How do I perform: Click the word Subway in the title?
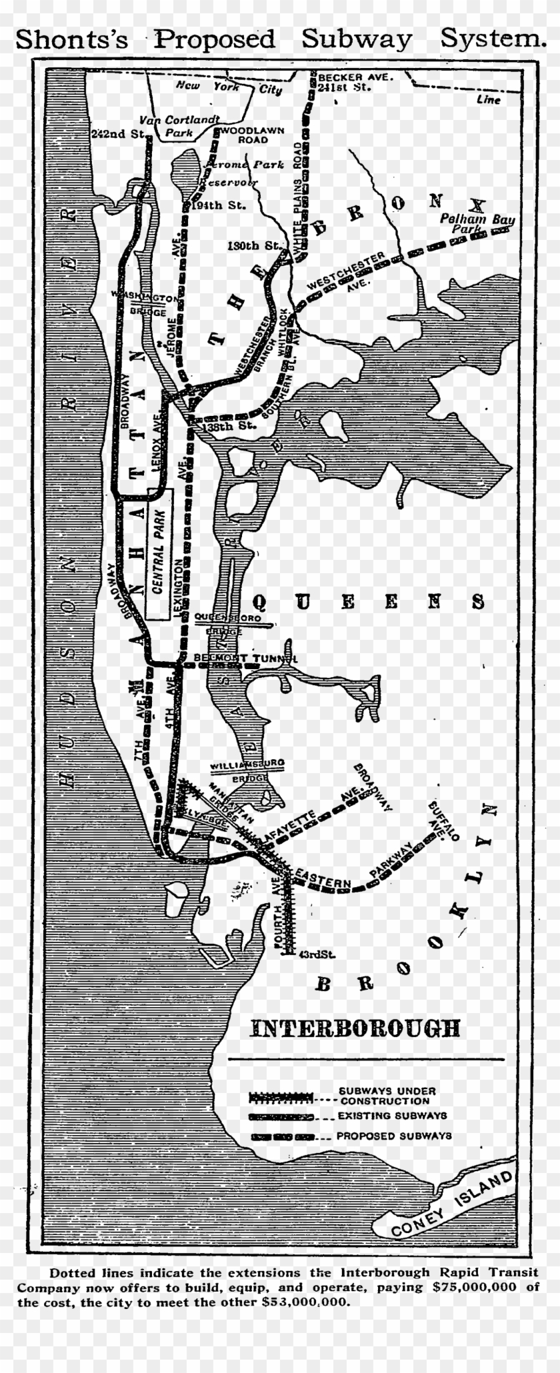click(x=357, y=39)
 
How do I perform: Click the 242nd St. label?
click(x=119, y=133)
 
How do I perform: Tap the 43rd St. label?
click(x=317, y=954)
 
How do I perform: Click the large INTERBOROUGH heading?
click(x=355, y=1028)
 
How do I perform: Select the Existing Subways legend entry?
click(x=392, y=1115)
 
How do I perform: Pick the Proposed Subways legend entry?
click(x=394, y=1136)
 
